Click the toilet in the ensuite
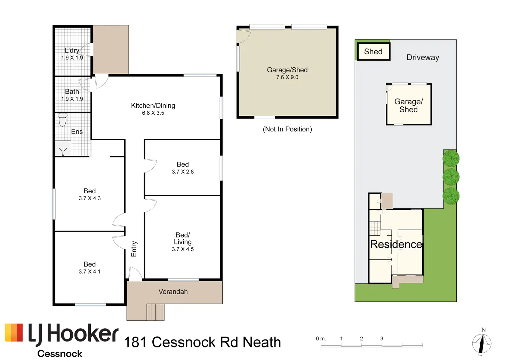[63, 119]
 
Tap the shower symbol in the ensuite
[63, 150]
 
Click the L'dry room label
[72, 50]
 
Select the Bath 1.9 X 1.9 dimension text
[72, 99]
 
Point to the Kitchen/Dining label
[153, 105]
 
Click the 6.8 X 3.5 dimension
[153, 113]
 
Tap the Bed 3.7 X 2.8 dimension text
[183, 172]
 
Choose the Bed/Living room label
[183, 238]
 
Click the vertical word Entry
[134, 249]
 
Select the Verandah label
[173, 292]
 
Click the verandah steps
[155, 312]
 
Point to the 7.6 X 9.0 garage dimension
[287, 77]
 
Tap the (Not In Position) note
[287, 129]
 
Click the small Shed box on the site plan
[374, 51]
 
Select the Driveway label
[423, 57]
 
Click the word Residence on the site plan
[396, 244]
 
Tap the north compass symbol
[482, 344]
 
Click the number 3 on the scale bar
[382, 338]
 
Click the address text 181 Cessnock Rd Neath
[202, 342]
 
